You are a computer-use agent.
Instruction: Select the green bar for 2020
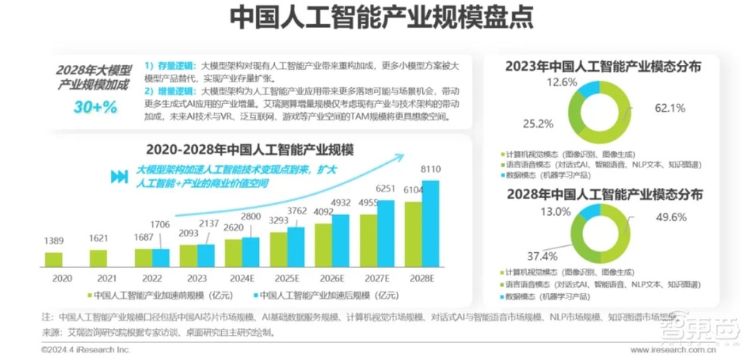pyautogui.click(x=54, y=260)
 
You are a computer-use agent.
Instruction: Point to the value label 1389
pyautogui.click(x=54, y=239)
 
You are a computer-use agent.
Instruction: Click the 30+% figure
pyautogui.click(x=95, y=106)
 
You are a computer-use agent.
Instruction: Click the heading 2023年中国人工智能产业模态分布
pyautogui.click(x=603, y=66)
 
